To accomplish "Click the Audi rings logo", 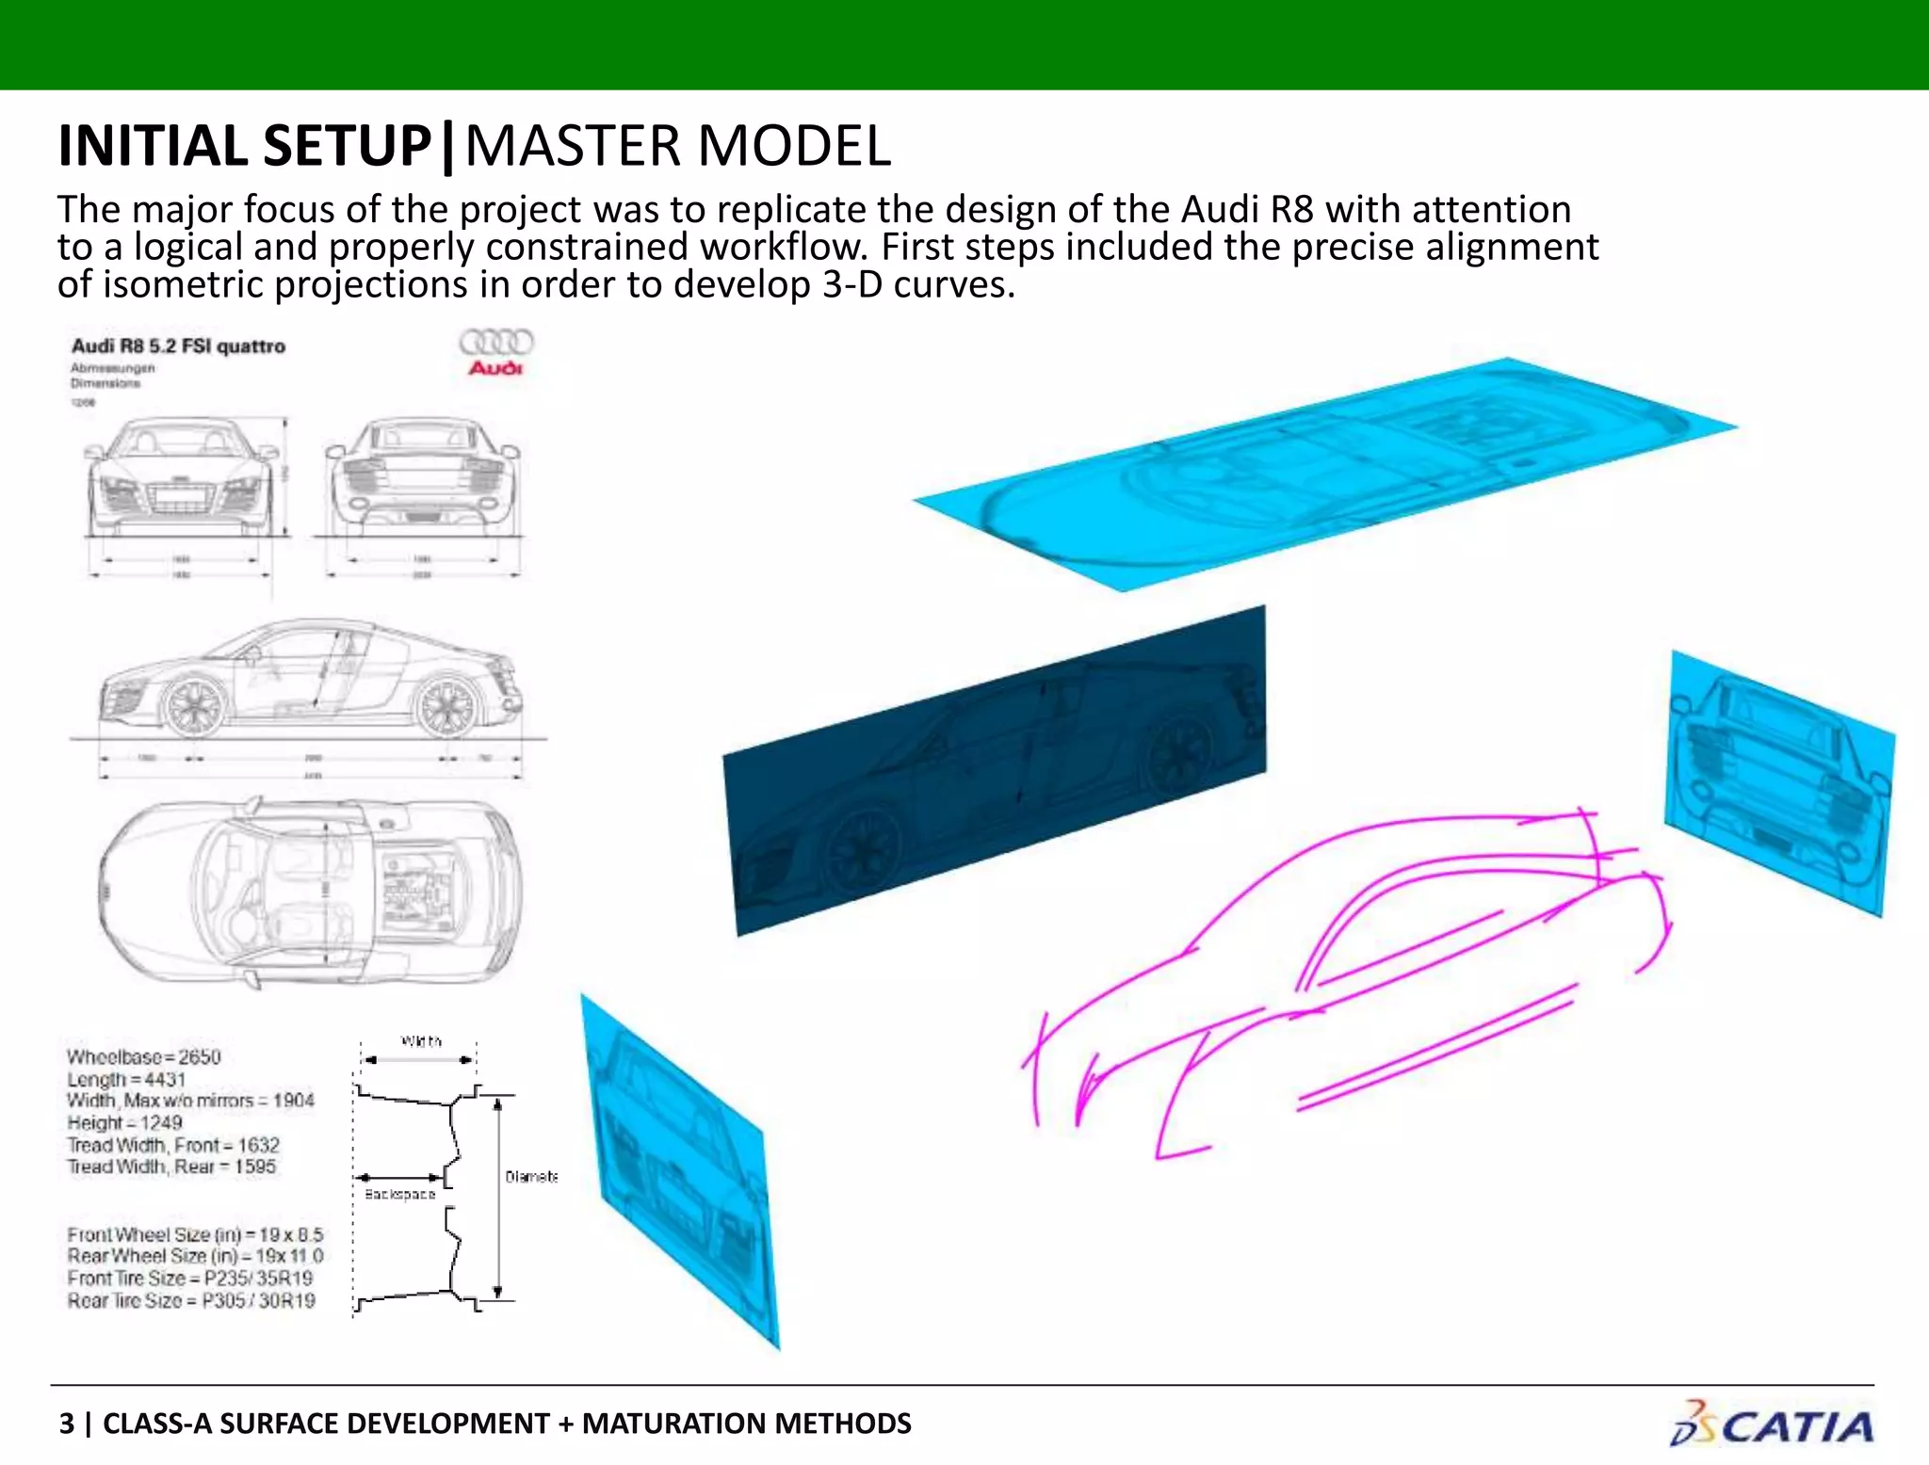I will pyautogui.click(x=495, y=343).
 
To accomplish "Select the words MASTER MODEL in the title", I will pyautogui.click(x=677, y=147).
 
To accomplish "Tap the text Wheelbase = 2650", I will pyautogui.click(x=143, y=1056).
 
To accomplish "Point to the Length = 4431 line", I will pyautogui.click(x=126, y=1079).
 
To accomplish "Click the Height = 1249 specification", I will pyautogui.click(x=124, y=1122).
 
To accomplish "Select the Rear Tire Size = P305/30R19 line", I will pyautogui.click(x=191, y=1301).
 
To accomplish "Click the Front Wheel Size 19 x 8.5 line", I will pyautogui.click(x=195, y=1234).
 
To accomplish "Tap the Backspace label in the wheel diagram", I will pyautogui.click(x=400, y=1194).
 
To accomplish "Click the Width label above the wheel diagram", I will pyautogui.click(x=421, y=1041).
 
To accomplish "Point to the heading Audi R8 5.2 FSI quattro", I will pyautogui.click(x=178, y=346).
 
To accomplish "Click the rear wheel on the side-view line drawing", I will pyautogui.click(x=446, y=706).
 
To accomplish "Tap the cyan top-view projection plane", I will pyautogui.click(x=1319, y=471).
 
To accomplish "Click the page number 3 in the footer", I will pyautogui.click(x=66, y=1424).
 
